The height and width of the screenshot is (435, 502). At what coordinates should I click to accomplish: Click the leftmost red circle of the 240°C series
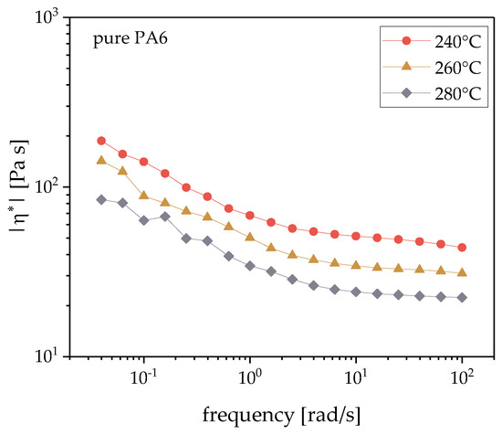point(101,141)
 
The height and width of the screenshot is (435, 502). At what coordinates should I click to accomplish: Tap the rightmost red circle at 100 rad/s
point(462,248)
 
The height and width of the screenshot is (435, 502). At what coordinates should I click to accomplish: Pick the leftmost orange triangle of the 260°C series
point(101,160)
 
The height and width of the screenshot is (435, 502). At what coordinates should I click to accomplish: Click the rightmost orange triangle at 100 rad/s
point(462,272)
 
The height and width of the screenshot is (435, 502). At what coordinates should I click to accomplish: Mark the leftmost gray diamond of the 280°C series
point(101,199)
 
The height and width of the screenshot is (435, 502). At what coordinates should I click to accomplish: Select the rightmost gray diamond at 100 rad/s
point(462,297)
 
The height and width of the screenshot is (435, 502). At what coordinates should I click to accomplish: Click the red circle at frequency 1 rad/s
point(249,215)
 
